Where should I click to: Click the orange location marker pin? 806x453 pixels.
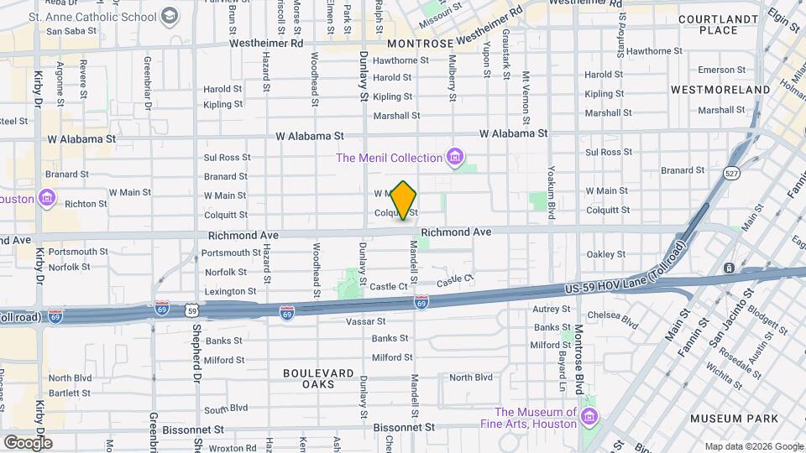click(x=404, y=200)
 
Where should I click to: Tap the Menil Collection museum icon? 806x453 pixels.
click(x=455, y=157)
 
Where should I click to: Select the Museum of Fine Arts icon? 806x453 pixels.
click(x=589, y=417)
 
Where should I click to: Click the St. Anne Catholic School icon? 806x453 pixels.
click(x=170, y=16)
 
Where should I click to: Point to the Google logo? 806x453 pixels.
click(x=27, y=442)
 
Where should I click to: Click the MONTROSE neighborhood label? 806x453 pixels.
click(x=420, y=43)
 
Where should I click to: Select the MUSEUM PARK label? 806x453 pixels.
click(x=728, y=418)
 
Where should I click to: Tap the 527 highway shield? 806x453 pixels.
click(x=731, y=173)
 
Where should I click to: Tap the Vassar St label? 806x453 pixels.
click(x=366, y=321)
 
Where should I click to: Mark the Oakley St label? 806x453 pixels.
click(x=605, y=254)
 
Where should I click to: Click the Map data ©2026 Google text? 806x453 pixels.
click(x=753, y=446)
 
